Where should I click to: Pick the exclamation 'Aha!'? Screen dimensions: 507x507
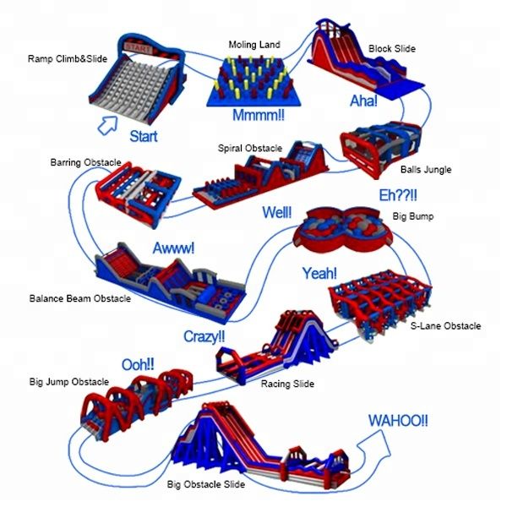(364, 101)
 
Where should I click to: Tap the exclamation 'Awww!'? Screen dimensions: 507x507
(173, 248)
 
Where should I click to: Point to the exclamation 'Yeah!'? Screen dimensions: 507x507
(319, 273)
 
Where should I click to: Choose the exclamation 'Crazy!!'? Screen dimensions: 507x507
(204, 336)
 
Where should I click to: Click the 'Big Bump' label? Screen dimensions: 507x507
(413, 216)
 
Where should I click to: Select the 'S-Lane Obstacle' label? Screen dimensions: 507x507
(445, 326)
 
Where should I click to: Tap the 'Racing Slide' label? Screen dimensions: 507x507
(286, 384)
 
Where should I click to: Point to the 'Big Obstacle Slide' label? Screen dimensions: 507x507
(206, 484)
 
